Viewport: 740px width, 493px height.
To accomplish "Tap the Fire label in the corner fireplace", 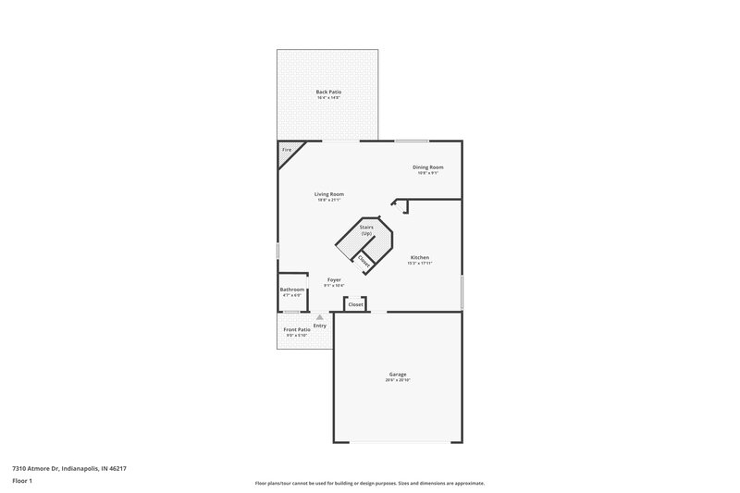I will [x=287, y=149].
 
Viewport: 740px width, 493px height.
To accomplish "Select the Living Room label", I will [x=329, y=194].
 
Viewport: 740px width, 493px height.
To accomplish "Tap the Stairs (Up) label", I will [x=366, y=229].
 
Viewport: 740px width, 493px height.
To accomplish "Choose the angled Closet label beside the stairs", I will [x=364, y=262].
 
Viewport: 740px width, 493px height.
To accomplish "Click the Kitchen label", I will [x=419, y=257].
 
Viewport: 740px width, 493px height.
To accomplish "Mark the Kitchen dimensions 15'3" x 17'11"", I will [x=419, y=264].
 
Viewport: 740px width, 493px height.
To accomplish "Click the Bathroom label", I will [x=292, y=290].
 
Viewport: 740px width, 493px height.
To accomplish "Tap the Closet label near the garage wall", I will [x=355, y=304].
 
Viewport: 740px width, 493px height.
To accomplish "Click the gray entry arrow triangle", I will [x=320, y=317].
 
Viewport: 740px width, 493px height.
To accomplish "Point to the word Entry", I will [x=320, y=326].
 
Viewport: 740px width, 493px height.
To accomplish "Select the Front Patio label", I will [x=297, y=329].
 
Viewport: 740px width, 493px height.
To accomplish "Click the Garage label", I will [x=398, y=375].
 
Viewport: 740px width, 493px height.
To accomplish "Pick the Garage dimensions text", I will [x=398, y=380].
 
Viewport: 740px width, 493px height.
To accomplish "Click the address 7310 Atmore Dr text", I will [x=69, y=469].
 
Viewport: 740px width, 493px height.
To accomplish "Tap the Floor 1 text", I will [x=23, y=482].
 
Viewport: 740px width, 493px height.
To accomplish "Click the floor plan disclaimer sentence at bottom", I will [x=370, y=483].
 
